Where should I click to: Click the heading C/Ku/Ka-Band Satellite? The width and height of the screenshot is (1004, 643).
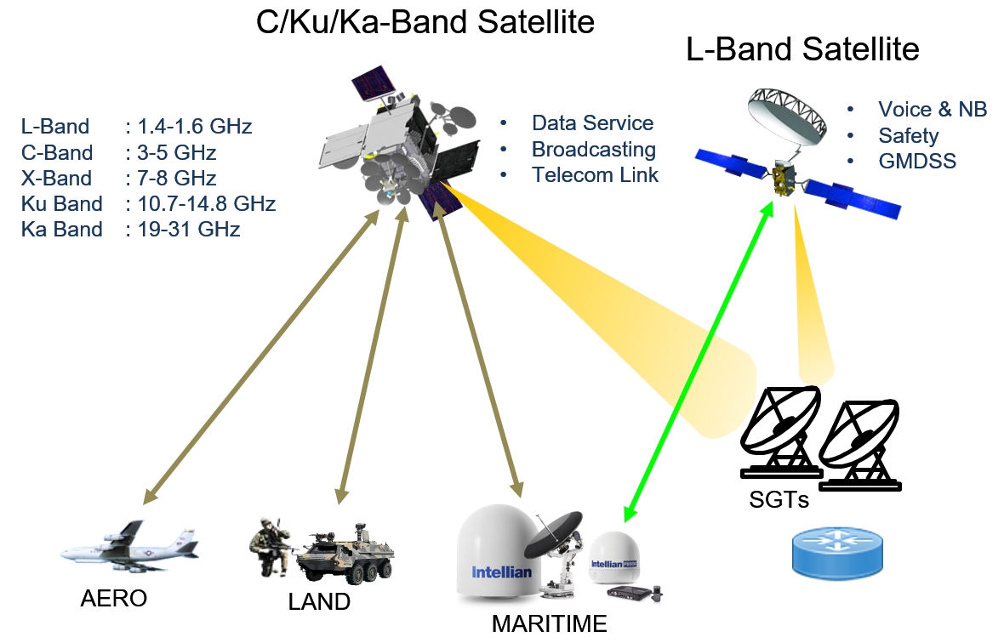[x=425, y=23]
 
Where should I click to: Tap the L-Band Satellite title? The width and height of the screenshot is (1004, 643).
[x=802, y=50]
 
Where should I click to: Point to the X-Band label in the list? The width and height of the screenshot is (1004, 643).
[x=55, y=179]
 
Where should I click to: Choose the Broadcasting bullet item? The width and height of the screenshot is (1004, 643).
[x=593, y=150]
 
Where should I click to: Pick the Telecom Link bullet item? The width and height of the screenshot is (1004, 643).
[x=595, y=175]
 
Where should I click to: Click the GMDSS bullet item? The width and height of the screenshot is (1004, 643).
[x=917, y=161]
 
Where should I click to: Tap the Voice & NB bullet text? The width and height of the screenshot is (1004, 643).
[x=932, y=110]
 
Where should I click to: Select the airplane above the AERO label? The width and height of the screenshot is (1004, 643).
[x=128, y=546]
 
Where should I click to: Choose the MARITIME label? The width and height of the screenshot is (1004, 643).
[x=549, y=623]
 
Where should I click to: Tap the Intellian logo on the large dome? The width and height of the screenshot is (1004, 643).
[x=501, y=572]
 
